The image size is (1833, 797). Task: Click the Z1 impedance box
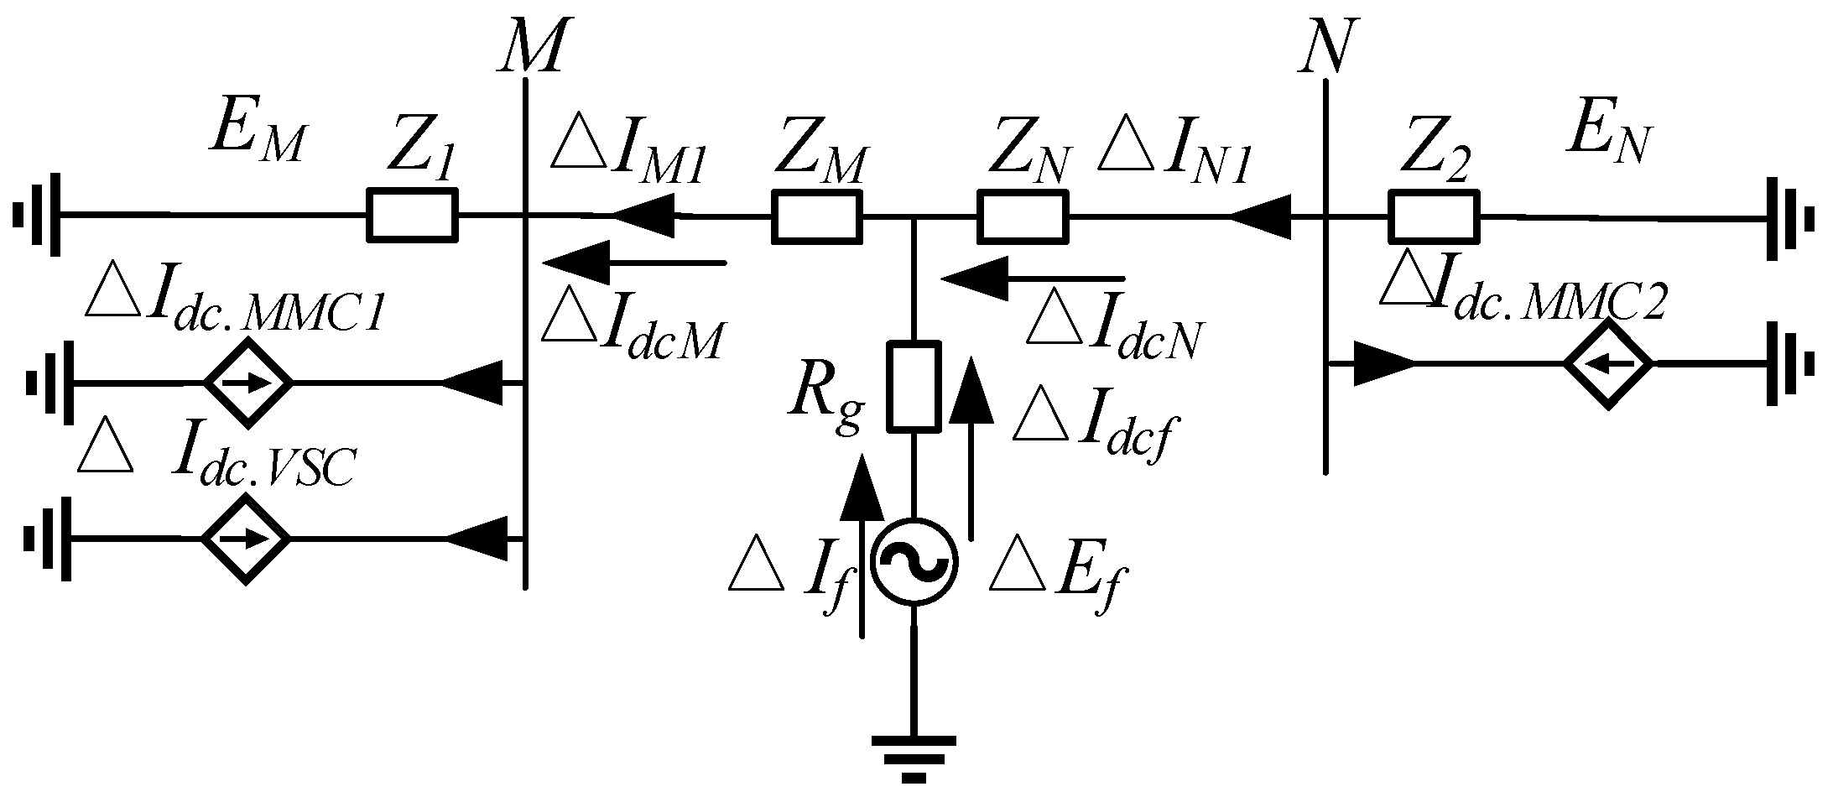[x=412, y=216]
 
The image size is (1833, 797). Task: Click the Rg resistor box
[x=914, y=386]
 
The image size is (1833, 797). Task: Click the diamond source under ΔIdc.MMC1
[x=248, y=383]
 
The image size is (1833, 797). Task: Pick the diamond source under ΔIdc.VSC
[x=246, y=538]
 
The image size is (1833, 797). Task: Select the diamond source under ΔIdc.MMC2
[x=1607, y=363]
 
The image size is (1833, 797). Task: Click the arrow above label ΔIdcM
[x=634, y=263]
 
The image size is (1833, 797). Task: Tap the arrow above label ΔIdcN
[x=1032, y=277]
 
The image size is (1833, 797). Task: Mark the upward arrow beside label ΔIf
[x=861, y=545]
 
